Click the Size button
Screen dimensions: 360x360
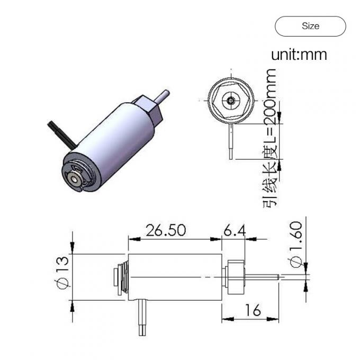310,26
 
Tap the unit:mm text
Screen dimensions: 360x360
299,54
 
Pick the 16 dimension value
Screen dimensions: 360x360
253,310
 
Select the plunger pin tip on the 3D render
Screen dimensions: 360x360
165,95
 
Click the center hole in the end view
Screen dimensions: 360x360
231,100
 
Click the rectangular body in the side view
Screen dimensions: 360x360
175,276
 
